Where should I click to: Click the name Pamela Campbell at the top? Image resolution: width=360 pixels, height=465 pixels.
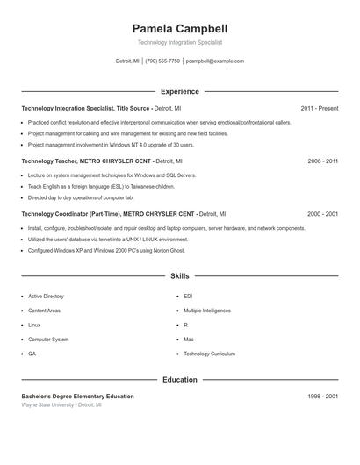pyautogui.click(x=180, y=28)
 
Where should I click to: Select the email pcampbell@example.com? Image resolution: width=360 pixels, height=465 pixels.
pyautogui.click(x=215, y=61)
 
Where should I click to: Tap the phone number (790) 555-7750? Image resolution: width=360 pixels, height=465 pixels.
pyautogui.click(x=162, y=61)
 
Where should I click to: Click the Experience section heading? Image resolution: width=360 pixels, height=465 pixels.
pyautogui.click(x=180, y=91)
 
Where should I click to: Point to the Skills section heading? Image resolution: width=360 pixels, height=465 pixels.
pyautogui.click(x=180, y=276)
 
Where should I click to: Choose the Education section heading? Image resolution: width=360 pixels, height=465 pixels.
pyautogui.click(x=180, y=380)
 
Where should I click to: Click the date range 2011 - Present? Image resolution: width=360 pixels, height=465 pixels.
pyautogui.click(x=320, y=108)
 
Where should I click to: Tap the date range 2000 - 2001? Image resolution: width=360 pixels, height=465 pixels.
pyautogui.click(x=323, y=214)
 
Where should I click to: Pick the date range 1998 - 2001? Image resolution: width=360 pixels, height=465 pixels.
pyautogui.click(x=323, y=397)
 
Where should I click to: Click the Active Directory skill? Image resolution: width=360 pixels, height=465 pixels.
pyautogui.click(x=46, y=297)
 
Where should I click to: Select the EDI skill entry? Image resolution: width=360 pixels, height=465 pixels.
pyautogui.click(x=188, y=297)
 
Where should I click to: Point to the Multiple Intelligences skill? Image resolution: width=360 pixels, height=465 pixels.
pyautogui.click(x=207, y=311)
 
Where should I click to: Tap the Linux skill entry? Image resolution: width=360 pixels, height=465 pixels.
pyautogui.click(x=34, y=325)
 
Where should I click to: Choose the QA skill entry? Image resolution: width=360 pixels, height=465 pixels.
pyautogui.click(x=32, y=354)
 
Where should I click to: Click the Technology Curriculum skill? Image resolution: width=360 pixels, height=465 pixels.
pyautogui.click(x=209, y=354)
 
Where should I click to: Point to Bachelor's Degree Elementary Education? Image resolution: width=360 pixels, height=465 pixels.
pyautogui.click(x=77, y=397)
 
